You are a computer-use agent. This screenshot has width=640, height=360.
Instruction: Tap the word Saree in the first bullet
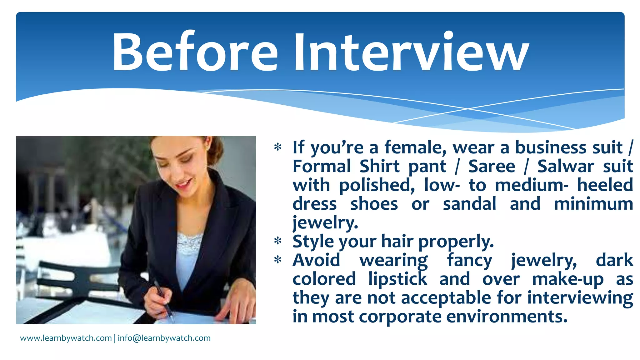[492, 166]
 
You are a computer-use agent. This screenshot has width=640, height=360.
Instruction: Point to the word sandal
[469, 204]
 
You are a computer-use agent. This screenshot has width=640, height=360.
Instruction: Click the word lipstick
[397, 279]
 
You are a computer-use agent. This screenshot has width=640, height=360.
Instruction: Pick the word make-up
[568, 279]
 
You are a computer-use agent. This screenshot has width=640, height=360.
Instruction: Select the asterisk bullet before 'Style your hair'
[277, 241]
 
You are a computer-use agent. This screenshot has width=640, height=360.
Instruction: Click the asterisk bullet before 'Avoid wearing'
[277, 260]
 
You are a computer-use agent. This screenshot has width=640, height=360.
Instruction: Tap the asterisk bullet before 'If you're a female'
[277, 147]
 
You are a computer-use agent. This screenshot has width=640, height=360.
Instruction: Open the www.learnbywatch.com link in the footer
[66, 338]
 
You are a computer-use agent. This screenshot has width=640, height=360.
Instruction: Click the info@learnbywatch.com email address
[164, 338]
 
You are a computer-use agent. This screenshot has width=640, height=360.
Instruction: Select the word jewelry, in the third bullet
[544, 261]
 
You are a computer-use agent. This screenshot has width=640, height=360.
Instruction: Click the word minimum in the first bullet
[593, 204]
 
